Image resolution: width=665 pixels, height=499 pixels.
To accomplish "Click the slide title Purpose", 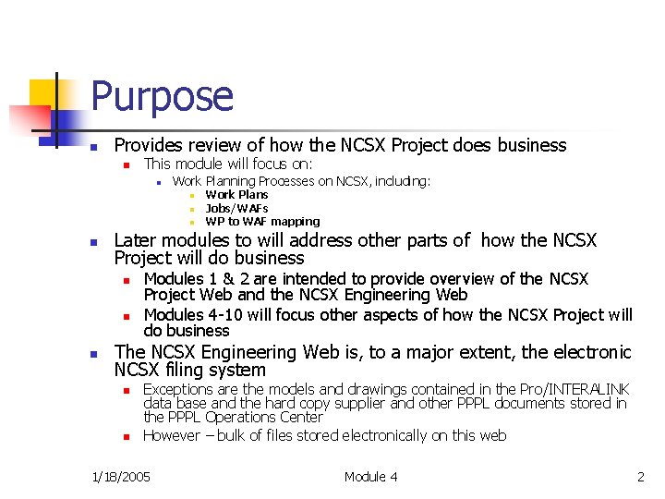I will point(163,97).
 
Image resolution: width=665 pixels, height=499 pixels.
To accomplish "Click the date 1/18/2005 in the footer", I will point(123,477).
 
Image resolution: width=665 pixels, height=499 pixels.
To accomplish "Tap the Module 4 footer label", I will point(370,477).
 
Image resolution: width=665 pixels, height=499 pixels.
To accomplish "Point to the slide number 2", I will point(640,477).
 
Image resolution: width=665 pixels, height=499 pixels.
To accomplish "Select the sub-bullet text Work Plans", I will point(236,195).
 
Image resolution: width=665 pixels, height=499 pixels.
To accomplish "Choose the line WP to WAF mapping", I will point(262,222).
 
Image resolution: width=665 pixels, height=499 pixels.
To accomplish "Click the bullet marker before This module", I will point(128,164).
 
